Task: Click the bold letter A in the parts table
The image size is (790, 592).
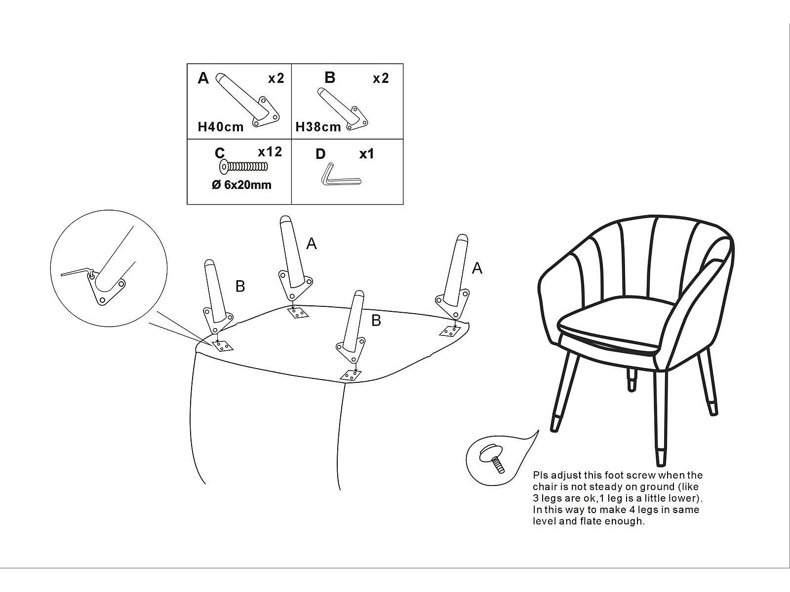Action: point(203,78)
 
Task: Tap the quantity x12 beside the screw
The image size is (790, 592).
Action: point(270,152)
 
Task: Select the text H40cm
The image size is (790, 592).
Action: point(221,127)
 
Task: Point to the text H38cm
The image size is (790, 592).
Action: point(318,127)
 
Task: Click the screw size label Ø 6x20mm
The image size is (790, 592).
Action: point(241,185)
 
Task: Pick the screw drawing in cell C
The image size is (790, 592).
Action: point(243,167)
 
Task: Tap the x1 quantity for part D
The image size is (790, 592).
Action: point(366,154)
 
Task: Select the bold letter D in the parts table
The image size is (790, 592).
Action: point(320,154)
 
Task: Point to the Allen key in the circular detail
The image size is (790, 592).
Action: point(77,271)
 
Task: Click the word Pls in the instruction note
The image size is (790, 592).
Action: point(540,476)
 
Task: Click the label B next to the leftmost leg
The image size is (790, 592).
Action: point(240,286)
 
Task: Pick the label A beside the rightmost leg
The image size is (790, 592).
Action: point(476,268)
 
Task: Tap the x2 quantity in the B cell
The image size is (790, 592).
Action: point(381,78)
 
